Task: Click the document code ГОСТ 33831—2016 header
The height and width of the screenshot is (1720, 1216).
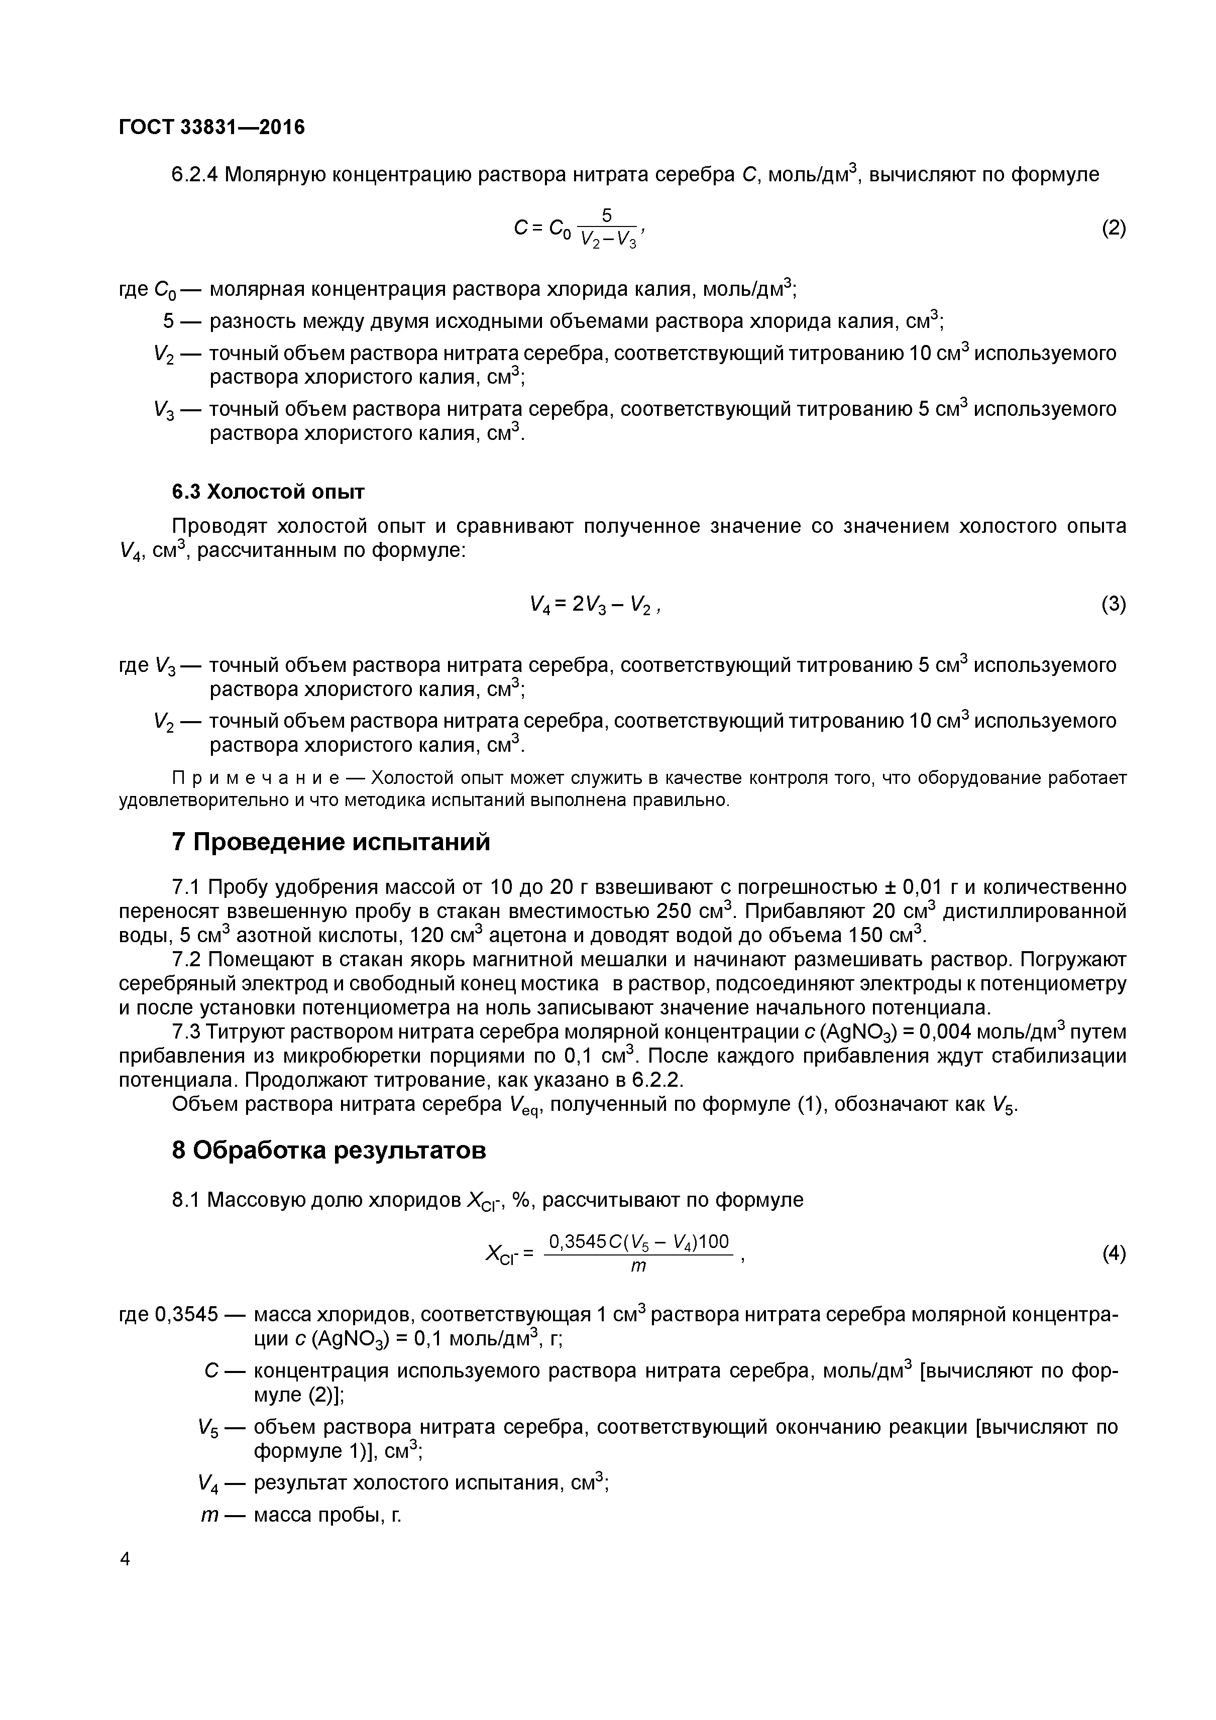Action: (x=212, y=128)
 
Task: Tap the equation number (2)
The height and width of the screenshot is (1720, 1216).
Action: (x=1114, y=227)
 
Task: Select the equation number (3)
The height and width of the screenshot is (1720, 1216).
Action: (x=1114, y=604)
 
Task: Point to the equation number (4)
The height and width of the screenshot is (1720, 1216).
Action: (x=1114, y=1253)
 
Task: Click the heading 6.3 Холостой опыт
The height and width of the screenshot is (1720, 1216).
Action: (x=268, y=492)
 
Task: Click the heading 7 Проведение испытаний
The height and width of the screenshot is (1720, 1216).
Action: (x=330, y=842)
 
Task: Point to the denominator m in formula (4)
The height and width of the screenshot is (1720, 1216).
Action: (x=638, y=1267)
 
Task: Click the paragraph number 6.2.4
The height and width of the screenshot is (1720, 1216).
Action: (x=195, y=175)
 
